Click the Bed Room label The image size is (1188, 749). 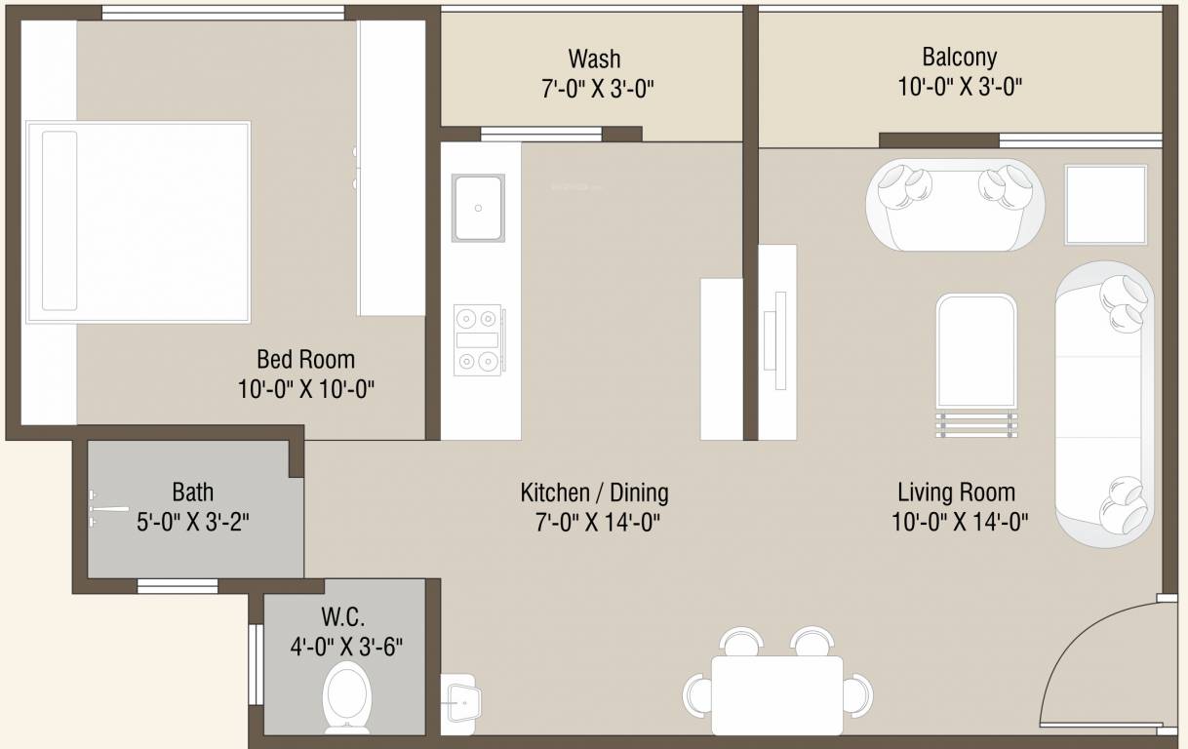[x=305, y=359]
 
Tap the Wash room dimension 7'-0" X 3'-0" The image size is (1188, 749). [x=596, y=89]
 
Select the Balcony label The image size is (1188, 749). [x=959, y=58]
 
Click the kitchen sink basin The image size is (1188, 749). [x=477, y=208]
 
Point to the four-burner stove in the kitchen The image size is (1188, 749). [x=478, y=339]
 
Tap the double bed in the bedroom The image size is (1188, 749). [x=138, y=221]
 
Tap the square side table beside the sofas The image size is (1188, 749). [x=1105, y=205]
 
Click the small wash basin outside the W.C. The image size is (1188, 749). [x=461, y=698]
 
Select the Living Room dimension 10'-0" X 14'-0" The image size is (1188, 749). [x=959, y=523]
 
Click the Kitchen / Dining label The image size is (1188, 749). [x=594, y=493]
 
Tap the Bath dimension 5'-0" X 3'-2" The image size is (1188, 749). [x=193, y=522]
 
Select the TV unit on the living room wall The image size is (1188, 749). [x=777, y=340]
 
